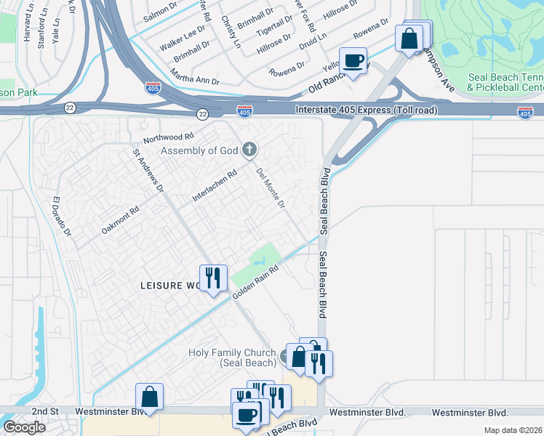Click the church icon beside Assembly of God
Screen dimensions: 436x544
tap(249, 150)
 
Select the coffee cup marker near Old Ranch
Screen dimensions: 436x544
tap(353, 61)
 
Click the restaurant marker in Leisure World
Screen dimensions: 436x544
tap(212, 278)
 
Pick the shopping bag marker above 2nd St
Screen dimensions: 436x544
tap(149, 397)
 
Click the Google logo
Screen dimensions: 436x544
tap(24, 427)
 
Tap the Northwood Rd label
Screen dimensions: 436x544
tap(169, 137)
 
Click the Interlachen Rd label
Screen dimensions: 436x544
tap(215, 186)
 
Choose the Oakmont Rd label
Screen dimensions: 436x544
tap(120, 220)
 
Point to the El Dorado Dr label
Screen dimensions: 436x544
tap(62, 217)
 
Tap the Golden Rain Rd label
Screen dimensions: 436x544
tap(256, 282)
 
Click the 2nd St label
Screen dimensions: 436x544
tap(44, 412)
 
